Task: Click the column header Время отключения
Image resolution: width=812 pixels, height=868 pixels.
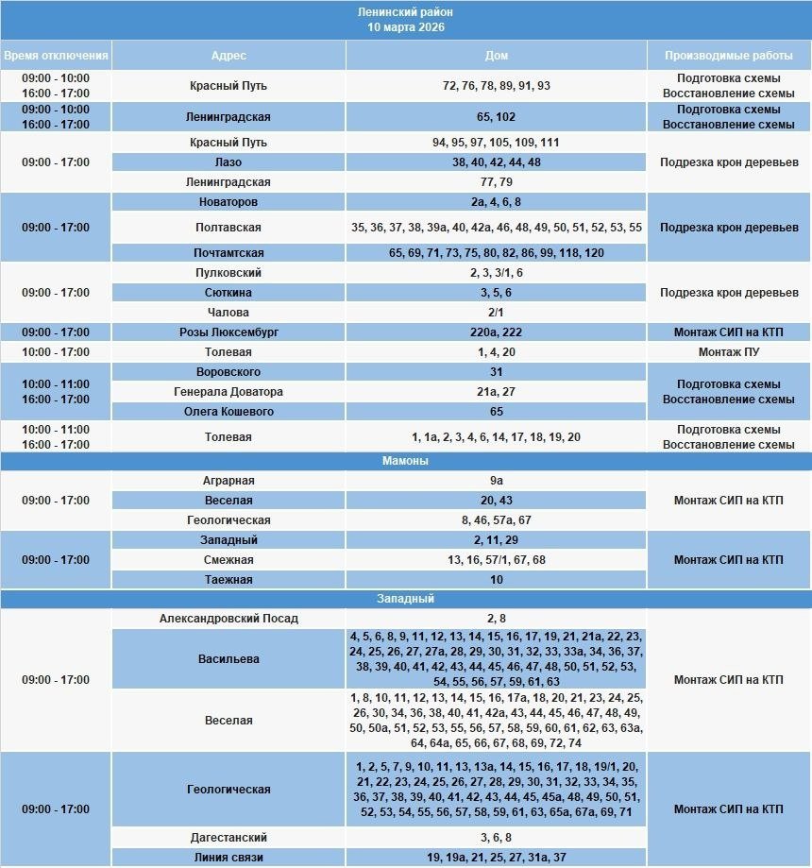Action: (56, 55)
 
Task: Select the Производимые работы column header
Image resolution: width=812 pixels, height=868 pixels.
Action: (728, 55)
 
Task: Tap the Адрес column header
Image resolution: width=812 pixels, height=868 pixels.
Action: (228, 55)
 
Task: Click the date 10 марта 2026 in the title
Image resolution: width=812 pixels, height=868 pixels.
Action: (406, 27)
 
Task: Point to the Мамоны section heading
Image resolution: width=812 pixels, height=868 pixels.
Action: (406, 461)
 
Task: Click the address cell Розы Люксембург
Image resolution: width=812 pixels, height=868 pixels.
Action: (228, 332)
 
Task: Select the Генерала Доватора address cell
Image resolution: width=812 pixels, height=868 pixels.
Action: (228, 392)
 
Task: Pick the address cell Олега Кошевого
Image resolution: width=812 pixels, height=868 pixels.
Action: (228, 412)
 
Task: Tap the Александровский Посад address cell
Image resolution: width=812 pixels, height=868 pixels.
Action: (228, 619)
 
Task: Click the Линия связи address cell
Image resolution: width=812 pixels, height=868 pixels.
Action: (228, 858)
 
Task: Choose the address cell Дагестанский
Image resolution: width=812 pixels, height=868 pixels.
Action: (228, 838)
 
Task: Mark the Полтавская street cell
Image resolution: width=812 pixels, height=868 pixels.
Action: (228, 228)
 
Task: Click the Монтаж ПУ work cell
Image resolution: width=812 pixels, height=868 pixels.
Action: (728, 352)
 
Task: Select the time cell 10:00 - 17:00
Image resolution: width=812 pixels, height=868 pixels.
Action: (56, 352)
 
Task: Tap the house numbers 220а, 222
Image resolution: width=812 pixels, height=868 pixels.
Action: (496, 332)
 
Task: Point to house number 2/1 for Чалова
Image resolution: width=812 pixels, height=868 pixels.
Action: (496, 313)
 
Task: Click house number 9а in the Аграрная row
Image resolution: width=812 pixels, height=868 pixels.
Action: (496, 481)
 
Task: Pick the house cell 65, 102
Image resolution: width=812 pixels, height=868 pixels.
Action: (496, 117)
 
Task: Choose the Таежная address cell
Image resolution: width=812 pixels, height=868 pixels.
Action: (228, 580)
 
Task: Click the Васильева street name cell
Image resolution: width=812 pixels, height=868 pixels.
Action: (228, 659)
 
